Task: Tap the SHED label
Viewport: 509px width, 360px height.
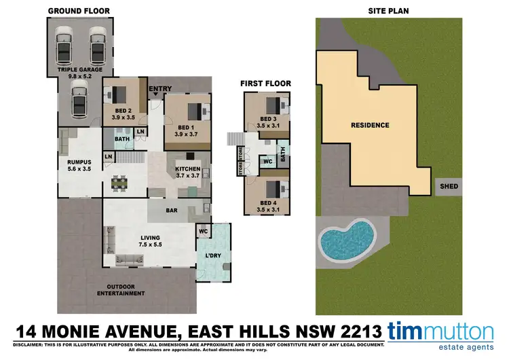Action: [449, 186]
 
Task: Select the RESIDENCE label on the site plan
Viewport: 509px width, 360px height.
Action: [370, 125]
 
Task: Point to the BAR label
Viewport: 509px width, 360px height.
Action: [172, 211]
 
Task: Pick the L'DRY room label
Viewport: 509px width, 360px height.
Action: [213, 255]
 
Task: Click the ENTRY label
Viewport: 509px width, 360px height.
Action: [160, 88]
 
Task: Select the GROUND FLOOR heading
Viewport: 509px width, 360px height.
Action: [79, 11]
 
